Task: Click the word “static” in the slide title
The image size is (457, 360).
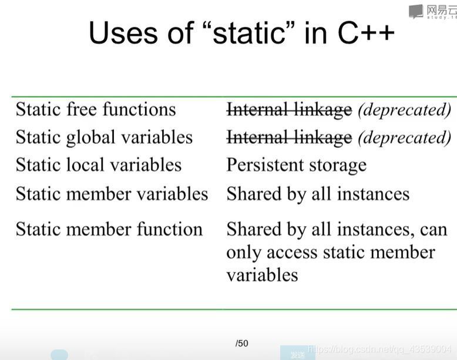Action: click(x=248, y=32)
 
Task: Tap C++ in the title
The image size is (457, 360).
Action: click(x=367, y=32)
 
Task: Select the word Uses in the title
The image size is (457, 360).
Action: click(x=122, y=32)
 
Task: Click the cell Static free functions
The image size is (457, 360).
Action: click(x=96, y=109)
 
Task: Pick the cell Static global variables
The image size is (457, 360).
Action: click(x=105, y=137)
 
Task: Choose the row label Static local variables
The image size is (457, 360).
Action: click(x=99, y=164)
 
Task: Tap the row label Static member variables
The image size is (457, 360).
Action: click(x=112, y=194)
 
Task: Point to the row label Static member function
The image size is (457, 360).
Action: click(x=109, y=229)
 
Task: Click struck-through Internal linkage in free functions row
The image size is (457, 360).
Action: click(x=290, y=110)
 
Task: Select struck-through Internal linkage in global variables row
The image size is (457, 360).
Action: click(x=290, y=137)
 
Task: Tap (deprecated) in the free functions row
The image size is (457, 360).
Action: click(x=405, y=110)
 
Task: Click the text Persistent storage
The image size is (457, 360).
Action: click(x=297, y=165)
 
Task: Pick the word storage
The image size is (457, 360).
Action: click(x=338, y=166)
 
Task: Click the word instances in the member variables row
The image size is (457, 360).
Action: click(x=374, y=194)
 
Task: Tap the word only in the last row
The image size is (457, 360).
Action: click(x=243, y=253)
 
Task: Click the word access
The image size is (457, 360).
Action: click(x=292, y=253)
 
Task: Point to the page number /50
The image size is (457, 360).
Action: click(x=242, y=344)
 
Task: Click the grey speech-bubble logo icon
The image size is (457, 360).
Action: click(x=416, y=11)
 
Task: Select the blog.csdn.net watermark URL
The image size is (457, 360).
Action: click(x=379, y=349)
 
